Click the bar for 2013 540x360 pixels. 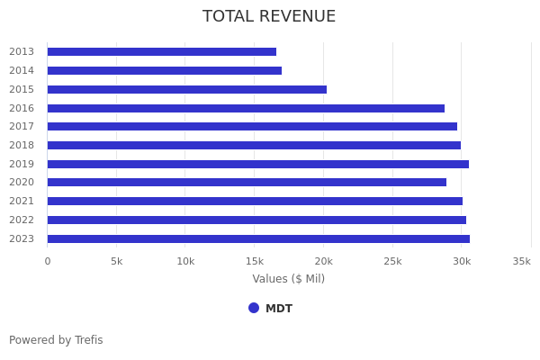click(162, 52)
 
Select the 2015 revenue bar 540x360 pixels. click(187, 89)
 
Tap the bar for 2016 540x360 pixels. click(246, 108)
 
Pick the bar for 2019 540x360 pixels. click(258, 164)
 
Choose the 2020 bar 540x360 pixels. click(247, 183)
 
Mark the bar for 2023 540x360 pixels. click(258, 238)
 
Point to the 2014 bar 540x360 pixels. click(165, 70)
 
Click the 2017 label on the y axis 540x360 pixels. click(22, 127)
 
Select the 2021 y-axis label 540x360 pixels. click(22, 202)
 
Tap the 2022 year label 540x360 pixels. click(22, 220)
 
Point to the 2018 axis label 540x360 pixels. click(22, 146)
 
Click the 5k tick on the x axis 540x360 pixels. click(116, 261)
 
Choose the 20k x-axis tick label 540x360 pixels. click(323, 261)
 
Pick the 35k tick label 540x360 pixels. click(522, 261)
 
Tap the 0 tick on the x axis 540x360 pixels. click(48, 261)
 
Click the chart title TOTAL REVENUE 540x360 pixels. click(269, 17)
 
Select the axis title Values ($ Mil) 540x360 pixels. click(288, 279)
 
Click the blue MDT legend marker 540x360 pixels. click(254, 308)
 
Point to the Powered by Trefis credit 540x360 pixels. click(56, 340)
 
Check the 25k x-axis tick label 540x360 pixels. click(392, 261)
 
